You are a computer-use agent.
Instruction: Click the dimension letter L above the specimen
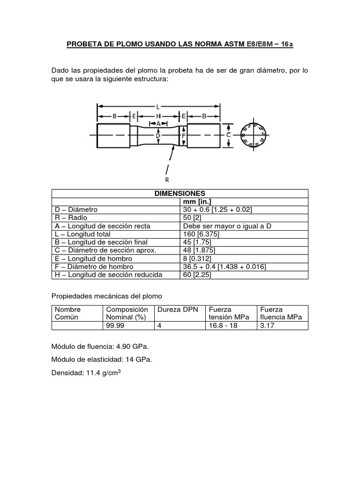[158, 107]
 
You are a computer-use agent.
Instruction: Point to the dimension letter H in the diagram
[158, 116]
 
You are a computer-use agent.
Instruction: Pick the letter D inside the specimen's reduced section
[158, 135]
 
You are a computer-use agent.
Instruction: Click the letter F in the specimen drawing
[184, 135]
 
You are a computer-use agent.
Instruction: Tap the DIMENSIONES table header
[180, 193]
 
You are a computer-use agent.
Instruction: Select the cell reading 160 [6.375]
[202, 234]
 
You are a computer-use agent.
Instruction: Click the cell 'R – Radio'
[71, 218]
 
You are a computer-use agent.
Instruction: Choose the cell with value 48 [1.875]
[201, 250]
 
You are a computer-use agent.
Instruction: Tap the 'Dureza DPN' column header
[178, 310]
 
